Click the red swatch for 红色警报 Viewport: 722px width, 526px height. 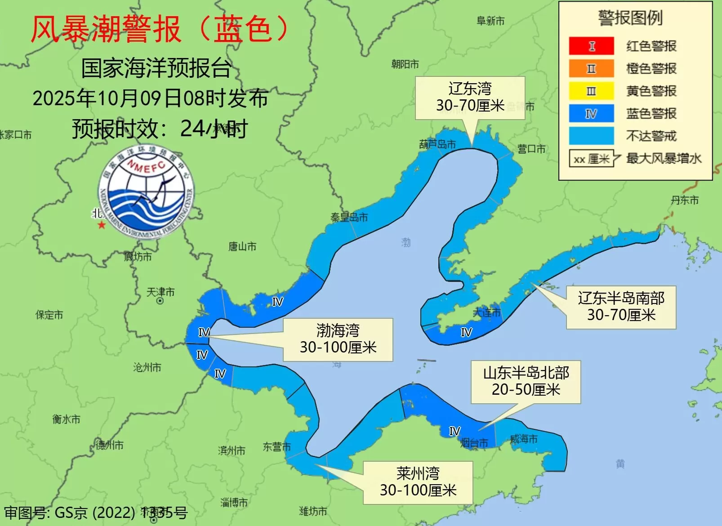pyautogui.click(x=591, y=46)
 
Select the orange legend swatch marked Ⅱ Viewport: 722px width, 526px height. pyautogui.click(x=591, y=68)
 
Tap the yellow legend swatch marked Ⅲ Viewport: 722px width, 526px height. pyautogui.click(x=591, y=91)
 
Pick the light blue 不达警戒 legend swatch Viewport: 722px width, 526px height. pyautogui.click(x=591, y=136)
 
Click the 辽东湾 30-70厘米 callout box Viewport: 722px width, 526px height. pyautogui.click(x=470, y=98)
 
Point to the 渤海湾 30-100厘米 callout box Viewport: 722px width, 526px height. pyautogui.click(x=338, y=339)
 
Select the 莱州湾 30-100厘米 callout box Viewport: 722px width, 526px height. pyautogui.click(x=418, y=482)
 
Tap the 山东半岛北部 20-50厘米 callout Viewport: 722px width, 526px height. pyautogui.click(x=526, y=382)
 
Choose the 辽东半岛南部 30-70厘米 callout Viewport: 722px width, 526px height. pyautogui.click(x=621, y=307)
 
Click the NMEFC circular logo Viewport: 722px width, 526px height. pyautogui.click(x=146, y=192)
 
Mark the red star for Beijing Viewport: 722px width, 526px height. pyautogui.click(x=102, y=225)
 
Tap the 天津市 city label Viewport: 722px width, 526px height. pyautogui.click(x=160, y=292)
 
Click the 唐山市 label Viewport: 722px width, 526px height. pyautogui.click(x=242, y=246)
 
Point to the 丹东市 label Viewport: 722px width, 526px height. pyautogui.click(x=685, y=200)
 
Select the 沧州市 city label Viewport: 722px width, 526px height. pyautogui.click(x=147, y=368)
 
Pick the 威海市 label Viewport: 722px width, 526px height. pyautogui.click(x=524, y=439)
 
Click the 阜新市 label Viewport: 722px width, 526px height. pyautogui.click(x=490, y=21)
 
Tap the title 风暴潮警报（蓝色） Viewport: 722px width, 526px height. pyautogui.click(x=160, y=29)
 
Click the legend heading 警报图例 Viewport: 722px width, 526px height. pyautogui.click(x=630, y=18)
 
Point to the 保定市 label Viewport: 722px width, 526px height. pyautogui.click(x=49, y=315)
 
